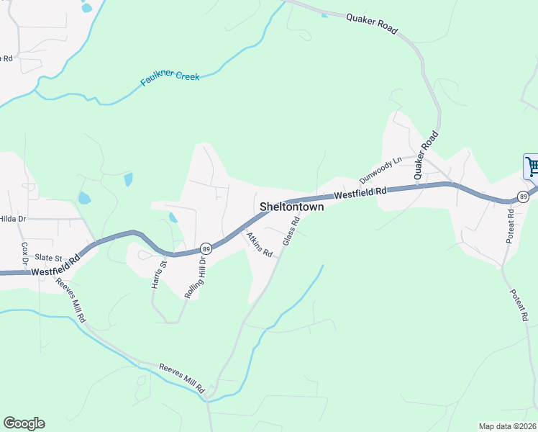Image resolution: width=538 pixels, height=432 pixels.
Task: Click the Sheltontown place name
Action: (291, 207)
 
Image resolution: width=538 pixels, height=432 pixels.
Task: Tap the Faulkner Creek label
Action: (170, 74)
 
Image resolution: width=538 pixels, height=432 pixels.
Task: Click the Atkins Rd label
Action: (259, 245)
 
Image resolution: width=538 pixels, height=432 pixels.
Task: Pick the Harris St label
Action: (159, 274)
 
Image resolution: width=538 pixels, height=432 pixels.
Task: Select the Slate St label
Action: (49, 258)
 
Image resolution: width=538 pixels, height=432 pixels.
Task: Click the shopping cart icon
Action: (532, 167)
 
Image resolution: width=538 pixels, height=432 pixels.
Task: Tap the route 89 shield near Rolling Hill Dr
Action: (205, 248)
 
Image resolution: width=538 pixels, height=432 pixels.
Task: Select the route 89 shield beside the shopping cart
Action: (523, 197)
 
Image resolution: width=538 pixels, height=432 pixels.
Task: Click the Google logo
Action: (24, 423)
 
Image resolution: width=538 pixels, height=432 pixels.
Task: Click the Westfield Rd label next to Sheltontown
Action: (360, 193)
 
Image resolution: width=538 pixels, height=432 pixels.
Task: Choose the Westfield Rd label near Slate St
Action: (55, 268)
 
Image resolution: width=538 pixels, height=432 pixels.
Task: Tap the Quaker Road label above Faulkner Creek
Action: (371, 22)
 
